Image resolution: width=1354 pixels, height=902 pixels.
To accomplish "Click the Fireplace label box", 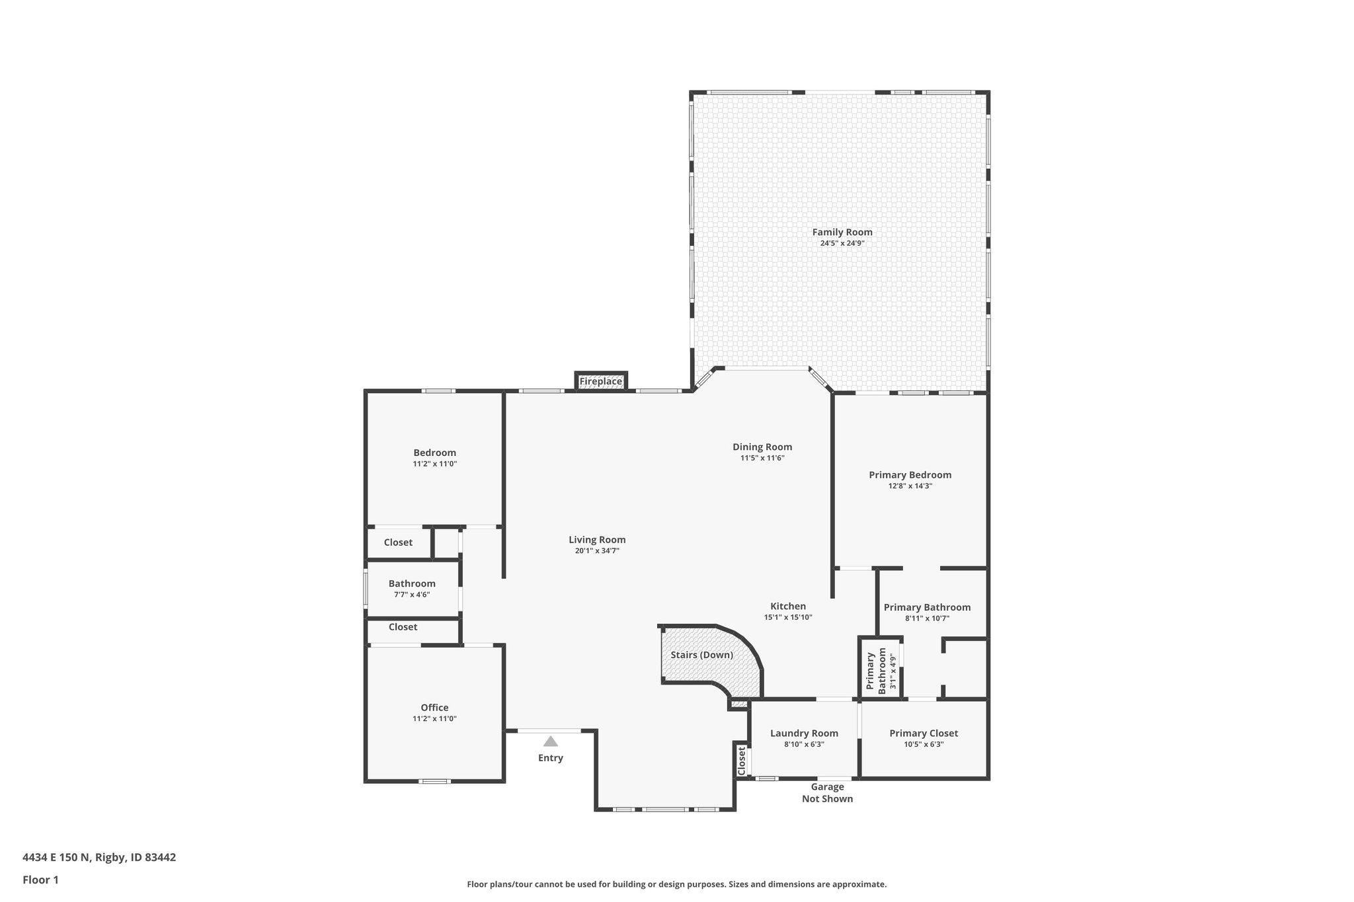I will pos(600,381).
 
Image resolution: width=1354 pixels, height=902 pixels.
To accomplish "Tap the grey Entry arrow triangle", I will pos(550,741).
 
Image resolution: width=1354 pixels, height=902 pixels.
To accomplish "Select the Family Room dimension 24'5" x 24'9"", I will pos(842,243).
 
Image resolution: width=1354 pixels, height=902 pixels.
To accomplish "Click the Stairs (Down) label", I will pos(701,655).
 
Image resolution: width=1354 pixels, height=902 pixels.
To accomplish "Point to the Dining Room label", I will pos(762,447).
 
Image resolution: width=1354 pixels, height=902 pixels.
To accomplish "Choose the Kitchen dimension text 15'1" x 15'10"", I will pos(787,617).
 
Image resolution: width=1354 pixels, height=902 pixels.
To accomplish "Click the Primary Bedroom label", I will pos(910,474).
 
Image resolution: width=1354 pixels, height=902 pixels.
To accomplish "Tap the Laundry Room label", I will pos(804,733).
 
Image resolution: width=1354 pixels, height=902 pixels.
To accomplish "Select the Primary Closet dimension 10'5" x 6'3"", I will pos(923,744).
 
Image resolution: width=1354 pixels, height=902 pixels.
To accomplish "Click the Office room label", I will pos(434,707).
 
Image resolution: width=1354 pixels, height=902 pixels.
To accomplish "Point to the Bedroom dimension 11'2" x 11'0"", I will pos(434,464).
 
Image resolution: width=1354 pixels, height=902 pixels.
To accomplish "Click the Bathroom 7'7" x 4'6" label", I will pos(412,583).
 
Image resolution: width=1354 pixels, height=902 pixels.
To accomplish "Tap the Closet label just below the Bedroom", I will pos(398,542).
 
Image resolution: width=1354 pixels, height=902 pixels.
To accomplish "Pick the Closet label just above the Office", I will pos(403,626).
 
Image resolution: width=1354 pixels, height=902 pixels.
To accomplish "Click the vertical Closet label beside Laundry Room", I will pos(741,761).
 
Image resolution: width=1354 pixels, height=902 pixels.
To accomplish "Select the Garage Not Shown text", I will pos(827,792).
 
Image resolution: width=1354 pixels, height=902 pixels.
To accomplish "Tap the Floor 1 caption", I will pos(40,880).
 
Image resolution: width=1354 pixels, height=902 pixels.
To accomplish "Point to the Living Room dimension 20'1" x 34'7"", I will pos(596,550).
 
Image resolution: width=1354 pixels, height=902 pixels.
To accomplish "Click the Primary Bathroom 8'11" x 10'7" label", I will pos(927,607).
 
